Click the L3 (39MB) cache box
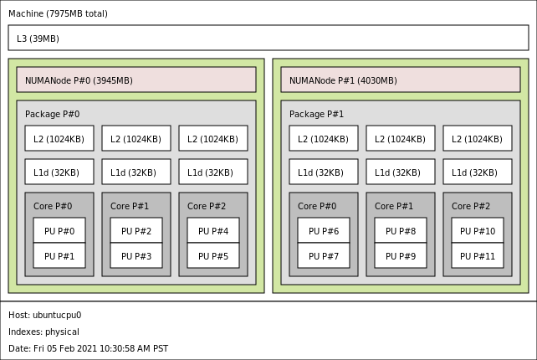click(x=268, y=39)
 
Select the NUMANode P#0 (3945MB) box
click(x=136, y=80)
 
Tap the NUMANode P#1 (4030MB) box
click(x=400, y=80)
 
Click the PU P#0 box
click(x=59, y=231)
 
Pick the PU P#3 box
click(x=136, y=256)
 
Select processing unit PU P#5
click(x=213, y=256)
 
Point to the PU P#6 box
click(x=324, y=231)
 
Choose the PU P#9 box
click(x=401, y=256)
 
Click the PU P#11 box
click(x=478, y=256)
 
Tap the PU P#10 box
click(x=478, y=231)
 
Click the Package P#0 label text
click(x=53, y=115)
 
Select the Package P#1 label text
click(x=317, y=115)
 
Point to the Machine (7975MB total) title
click(x=58, y=14)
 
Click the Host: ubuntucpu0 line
click(x=45, y=316)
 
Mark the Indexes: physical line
click(x=43, y=332)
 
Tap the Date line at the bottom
click(x=88, y=349)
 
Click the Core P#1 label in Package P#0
click(x=130, y=207)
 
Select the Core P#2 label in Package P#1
click(x=471, y=207)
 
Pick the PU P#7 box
click(x=324, y=256)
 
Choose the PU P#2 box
click(x=136, y=231)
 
